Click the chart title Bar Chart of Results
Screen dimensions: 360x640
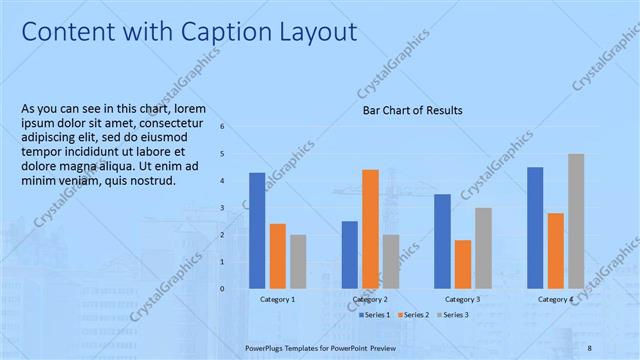point(412,110)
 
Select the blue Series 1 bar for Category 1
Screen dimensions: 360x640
point(257,230)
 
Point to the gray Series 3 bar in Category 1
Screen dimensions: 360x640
point(298,261)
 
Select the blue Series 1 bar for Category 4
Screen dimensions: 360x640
point(535,227)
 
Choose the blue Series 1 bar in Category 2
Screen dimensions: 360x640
point(350,254)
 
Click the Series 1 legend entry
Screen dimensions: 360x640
point(374,315)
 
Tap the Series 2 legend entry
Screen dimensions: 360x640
point(414,315)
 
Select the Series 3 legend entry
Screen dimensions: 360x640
point(453,315)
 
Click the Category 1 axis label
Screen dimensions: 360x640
point(277,299)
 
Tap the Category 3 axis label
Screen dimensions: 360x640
point(462,299)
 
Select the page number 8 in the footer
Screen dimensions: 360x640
point(590,347)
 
